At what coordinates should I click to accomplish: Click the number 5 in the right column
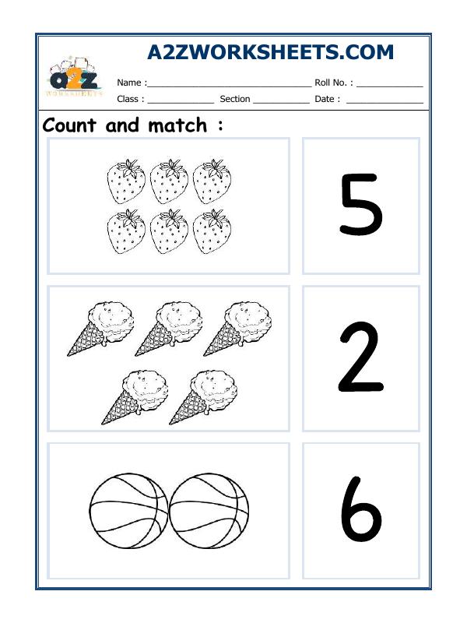[360, 206]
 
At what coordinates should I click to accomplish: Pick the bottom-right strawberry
[212, 232]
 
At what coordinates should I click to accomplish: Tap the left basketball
[128, 511]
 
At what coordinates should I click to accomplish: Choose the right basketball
[209, 511]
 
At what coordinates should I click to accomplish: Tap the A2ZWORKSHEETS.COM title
[270, 52]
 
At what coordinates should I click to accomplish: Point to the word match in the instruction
[177, 125]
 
